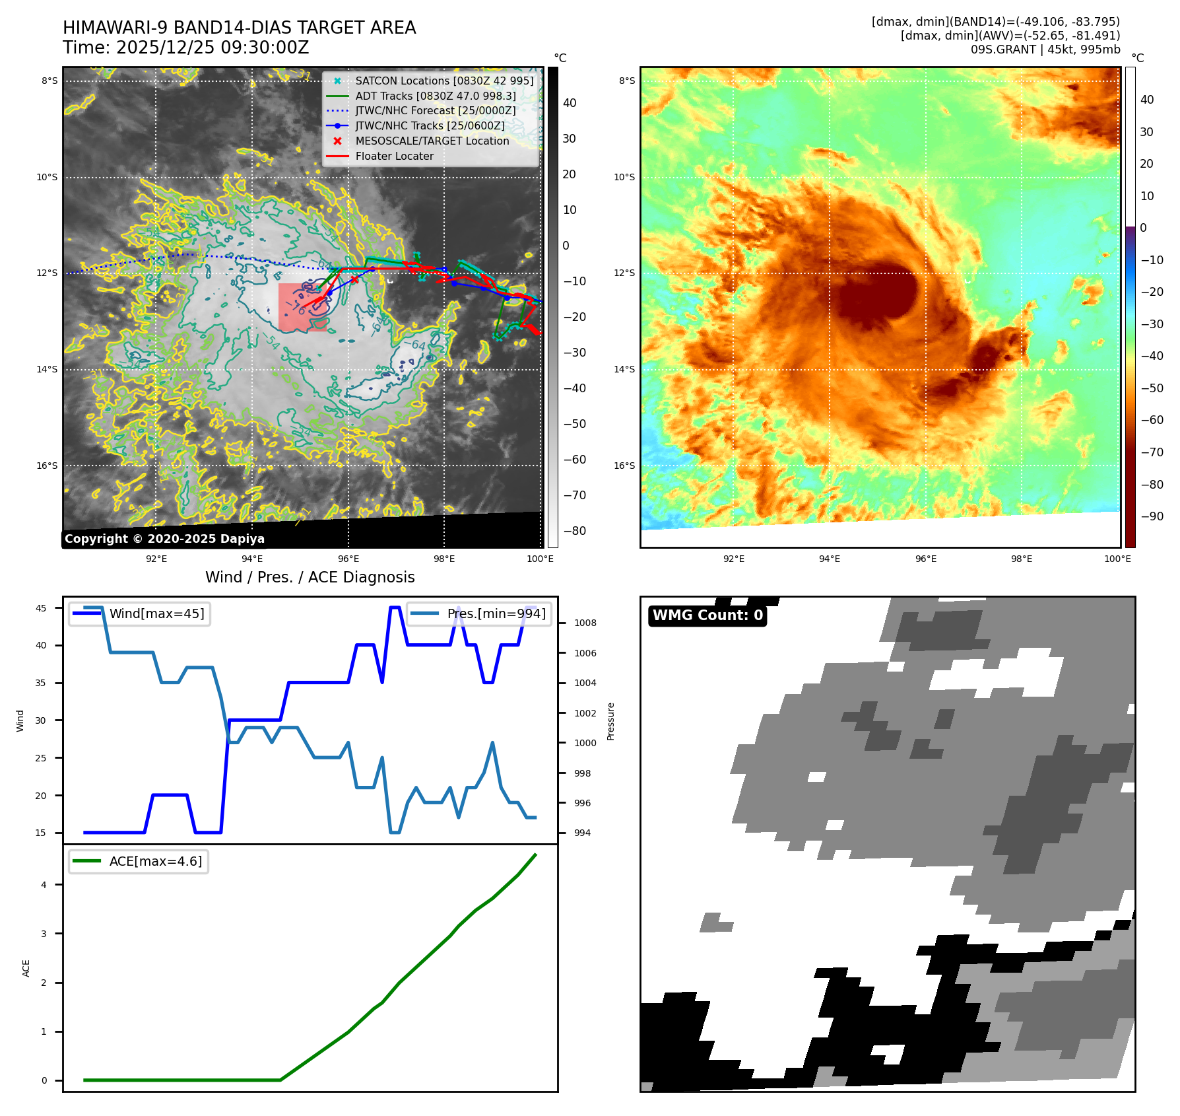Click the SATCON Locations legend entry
[x=443, y=81]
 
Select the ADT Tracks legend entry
[x=435, y=96]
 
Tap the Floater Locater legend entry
[x=394, y=157]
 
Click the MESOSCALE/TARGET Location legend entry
[x=432, y=141]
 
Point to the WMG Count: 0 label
[x=707, y=615]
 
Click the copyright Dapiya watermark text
[x=164, y=539]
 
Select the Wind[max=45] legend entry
[x=156, y=613]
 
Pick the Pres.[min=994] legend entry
[x=496, y=613]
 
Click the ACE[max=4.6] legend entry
[x=156, y=861]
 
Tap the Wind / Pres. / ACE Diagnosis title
[x=310, y=577]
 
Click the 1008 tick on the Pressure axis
[x=585, y=623]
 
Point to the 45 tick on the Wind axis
[x=41, y=608]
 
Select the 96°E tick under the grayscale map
[x=348, y=559]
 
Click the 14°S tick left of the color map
[x=624, y=369]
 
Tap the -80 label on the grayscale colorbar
[x=574, y=531]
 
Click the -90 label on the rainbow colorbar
[x=1152, y=516]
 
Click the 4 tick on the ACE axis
[x=44, y=885]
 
